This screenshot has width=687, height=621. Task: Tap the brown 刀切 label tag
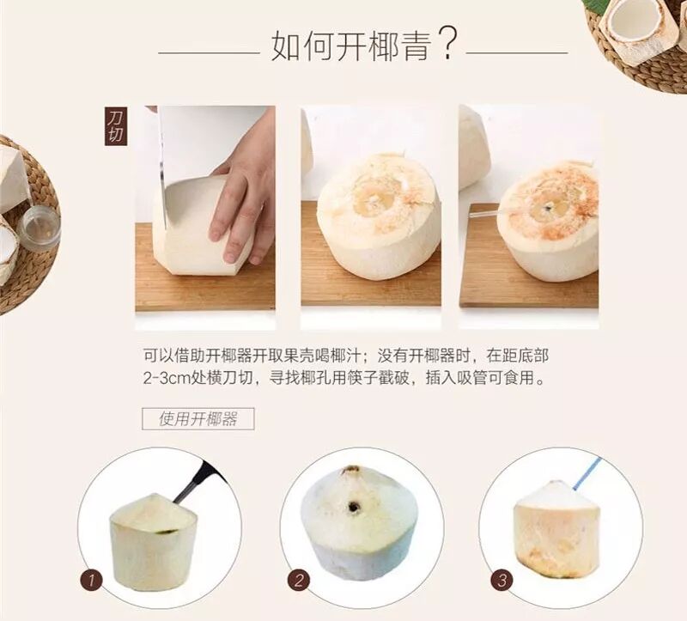[x=116, y=126]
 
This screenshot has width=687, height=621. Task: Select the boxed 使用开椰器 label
[x=198, y=419]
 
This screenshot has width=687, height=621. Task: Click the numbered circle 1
[x=91, y=581]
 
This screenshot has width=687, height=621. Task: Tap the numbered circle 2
[x=299, y=581]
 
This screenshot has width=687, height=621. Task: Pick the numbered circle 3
[x=502, y=581]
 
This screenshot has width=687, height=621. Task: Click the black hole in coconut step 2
[x=353, y=508]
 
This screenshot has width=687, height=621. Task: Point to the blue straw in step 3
[x=587, y=474]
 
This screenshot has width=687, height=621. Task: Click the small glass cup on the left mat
[x=39, y=228]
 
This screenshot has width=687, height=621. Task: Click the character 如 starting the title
[x=287, y=45]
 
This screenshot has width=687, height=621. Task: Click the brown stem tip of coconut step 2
[x=352, y=470]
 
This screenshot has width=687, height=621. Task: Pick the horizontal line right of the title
[x=517, y=53]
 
